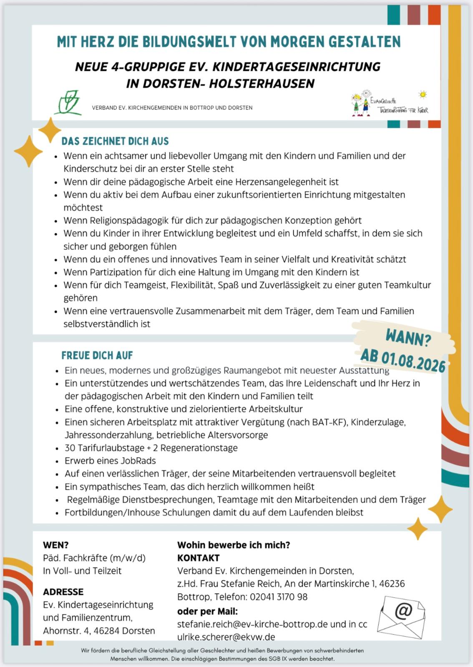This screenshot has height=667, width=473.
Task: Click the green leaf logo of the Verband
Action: point(69,103)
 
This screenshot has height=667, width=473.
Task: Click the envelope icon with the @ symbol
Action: point(401,616)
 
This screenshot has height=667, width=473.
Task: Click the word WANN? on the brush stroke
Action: point(408,338)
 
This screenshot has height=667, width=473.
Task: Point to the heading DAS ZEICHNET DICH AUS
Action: point(115,141)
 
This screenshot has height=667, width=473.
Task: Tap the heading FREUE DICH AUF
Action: point(97,356)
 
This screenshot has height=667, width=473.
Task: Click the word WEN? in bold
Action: point(55,545)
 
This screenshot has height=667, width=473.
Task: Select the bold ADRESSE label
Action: point(63,592)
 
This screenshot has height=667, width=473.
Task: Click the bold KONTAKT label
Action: point(198,558)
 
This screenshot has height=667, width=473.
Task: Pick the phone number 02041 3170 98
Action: point(279,597)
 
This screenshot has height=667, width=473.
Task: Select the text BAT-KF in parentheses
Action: point(329,422)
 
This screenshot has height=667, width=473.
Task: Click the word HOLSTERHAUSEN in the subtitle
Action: point(262,84)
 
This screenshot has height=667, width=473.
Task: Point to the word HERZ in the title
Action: point(98,42)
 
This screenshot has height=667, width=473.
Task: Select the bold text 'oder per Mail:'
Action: point(207,611)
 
